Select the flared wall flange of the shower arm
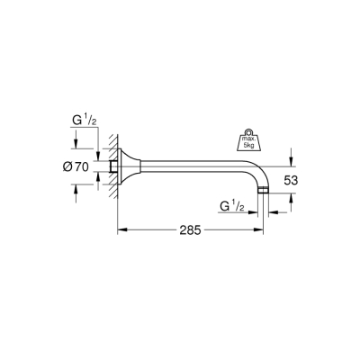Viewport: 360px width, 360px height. tap(133, 167)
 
